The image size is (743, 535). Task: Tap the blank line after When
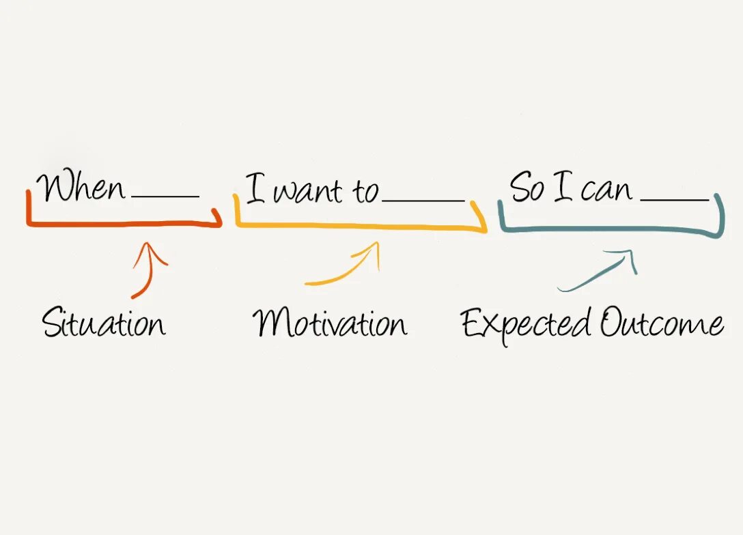point(165,197)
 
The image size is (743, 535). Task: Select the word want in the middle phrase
point(309,192)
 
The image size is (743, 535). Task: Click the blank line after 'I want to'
point(423,201)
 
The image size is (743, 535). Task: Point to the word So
point(527,187)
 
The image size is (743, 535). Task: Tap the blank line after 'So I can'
point(675,200)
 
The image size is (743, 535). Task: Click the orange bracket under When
point(123,223)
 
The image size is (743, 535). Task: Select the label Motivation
point(330,322)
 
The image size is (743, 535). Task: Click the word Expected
point(526,323)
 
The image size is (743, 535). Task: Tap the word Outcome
point(661,323)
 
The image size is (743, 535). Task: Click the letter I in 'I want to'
point(255,188)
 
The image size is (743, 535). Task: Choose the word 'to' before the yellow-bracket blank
point(365,192)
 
